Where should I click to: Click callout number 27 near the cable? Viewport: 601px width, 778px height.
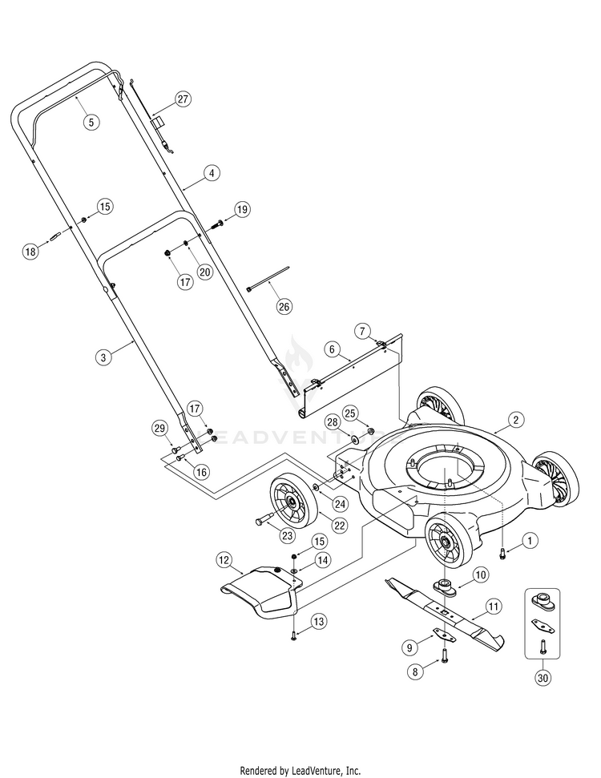[183, 100]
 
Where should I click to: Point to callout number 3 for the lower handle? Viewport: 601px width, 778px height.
[103, 358]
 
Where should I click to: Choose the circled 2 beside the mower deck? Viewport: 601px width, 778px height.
[517, 419]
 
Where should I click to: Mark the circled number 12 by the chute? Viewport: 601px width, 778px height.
[224, 558]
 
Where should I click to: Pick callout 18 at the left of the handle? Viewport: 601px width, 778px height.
[30, 252]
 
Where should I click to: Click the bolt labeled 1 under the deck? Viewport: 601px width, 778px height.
[502, 553]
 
